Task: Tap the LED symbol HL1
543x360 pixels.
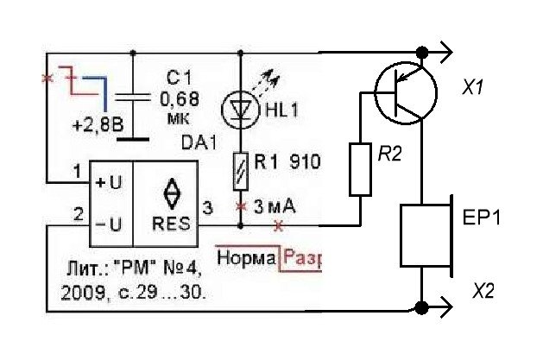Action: pos(241,108)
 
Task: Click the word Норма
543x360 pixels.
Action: pos(246,257)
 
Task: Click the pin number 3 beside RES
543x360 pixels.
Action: pos(205,208)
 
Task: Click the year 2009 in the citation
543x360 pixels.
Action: pos(79,293)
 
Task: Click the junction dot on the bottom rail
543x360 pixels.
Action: pos(422,306)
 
